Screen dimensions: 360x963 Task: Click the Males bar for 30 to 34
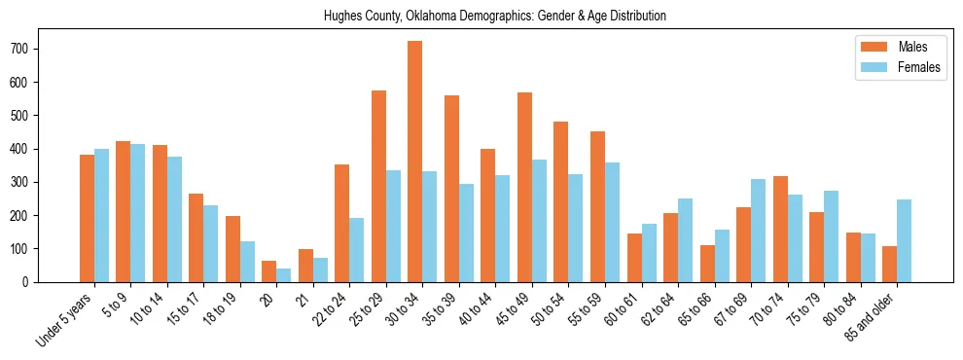point(415,162)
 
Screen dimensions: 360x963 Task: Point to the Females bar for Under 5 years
point(102,216)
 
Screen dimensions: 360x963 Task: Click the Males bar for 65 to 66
point(707,264)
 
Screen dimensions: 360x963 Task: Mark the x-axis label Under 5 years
point(65,318)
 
